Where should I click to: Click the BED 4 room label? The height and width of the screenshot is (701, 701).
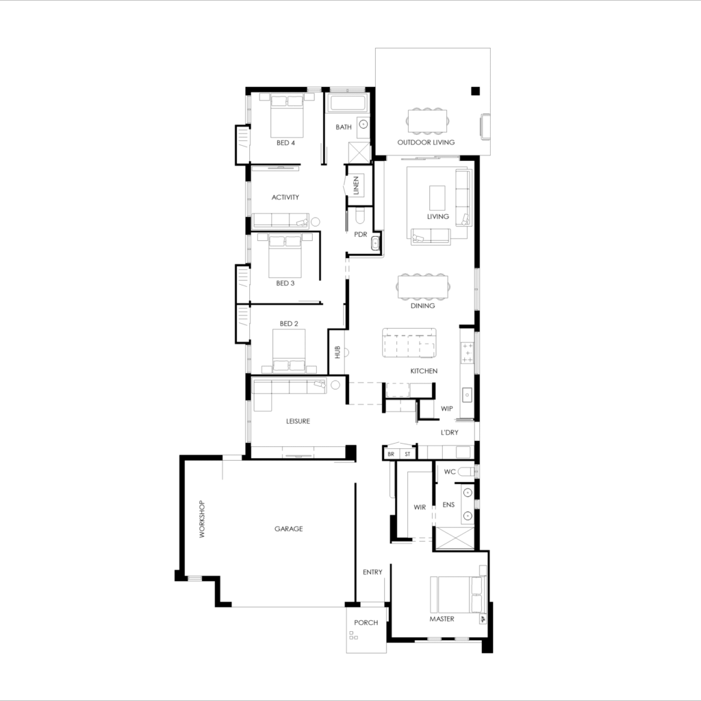(x=285, y=143)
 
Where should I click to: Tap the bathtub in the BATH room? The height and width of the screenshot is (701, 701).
(x=348, y=104)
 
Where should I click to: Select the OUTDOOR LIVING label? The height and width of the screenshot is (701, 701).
(x=426, y=142)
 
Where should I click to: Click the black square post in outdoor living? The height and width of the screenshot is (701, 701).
(x=475, y=90)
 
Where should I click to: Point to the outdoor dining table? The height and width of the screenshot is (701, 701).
(x=429, y=120)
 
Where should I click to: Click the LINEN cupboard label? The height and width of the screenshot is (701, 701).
(x=356, y=185)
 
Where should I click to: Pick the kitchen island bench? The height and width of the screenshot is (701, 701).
(x=409, y=342)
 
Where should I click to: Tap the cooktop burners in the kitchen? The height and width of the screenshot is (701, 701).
(x=468, y=353)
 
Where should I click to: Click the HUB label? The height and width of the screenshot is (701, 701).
(x=337, y=353)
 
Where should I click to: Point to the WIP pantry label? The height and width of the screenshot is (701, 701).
(x=446, y=408)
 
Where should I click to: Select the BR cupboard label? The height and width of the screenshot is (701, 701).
(x=391, y=454)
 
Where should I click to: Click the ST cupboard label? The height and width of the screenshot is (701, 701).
(x=408, y=454)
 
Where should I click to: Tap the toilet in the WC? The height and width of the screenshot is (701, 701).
(x=467, y=472)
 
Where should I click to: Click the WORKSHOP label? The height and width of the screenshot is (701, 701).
(x=202, y=520)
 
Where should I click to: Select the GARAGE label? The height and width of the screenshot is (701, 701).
(x=288, y=528)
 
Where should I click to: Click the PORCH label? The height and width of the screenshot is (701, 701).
(x=366, y=623)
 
